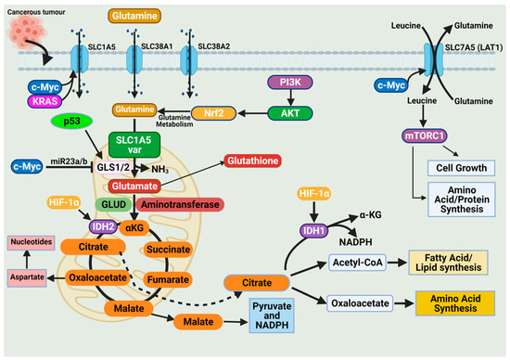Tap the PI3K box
(296, 84)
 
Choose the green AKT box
(296, 111)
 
